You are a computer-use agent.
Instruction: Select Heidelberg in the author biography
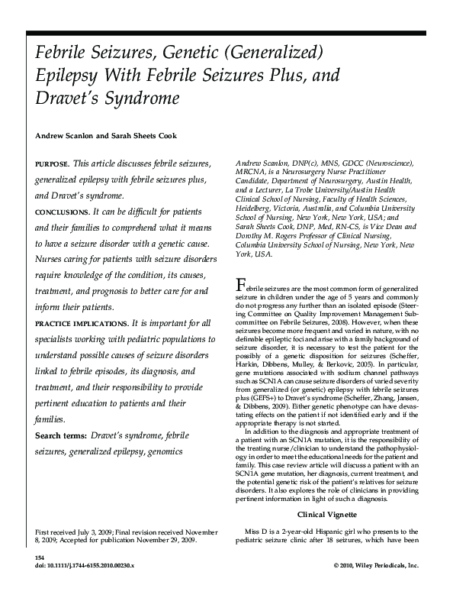click(255, 205)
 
